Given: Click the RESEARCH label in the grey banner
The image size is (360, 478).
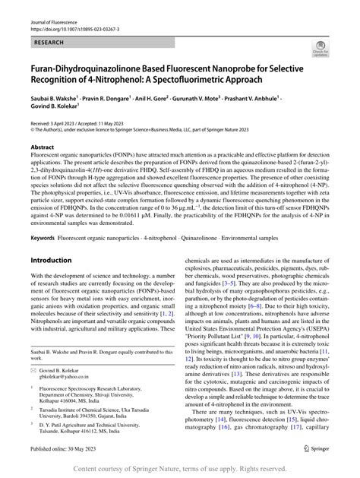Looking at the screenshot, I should click(43, 44).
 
